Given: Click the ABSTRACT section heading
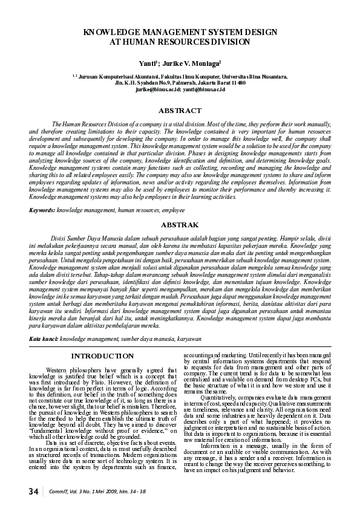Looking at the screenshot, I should (180, 111).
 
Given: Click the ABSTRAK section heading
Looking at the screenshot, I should (180, 224).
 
